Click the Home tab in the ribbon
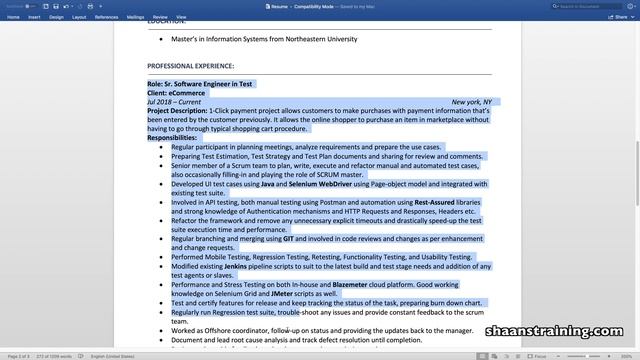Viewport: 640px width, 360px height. point(12,17)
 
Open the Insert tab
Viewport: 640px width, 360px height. point(34,17)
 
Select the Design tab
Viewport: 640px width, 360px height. point(56,17)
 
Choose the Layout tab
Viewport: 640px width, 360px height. point(79,17)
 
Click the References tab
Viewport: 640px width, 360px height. point(106,17)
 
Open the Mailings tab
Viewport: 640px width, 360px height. point(135,17)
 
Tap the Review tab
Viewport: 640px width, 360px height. point(160,17)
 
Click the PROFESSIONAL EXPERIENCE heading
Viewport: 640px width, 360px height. point(190,66)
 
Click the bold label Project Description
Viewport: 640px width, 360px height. point(177,111)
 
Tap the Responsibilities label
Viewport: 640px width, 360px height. point(172,138)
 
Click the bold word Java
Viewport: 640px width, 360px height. point(267,184)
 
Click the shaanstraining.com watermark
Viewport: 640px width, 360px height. point(557,332)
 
